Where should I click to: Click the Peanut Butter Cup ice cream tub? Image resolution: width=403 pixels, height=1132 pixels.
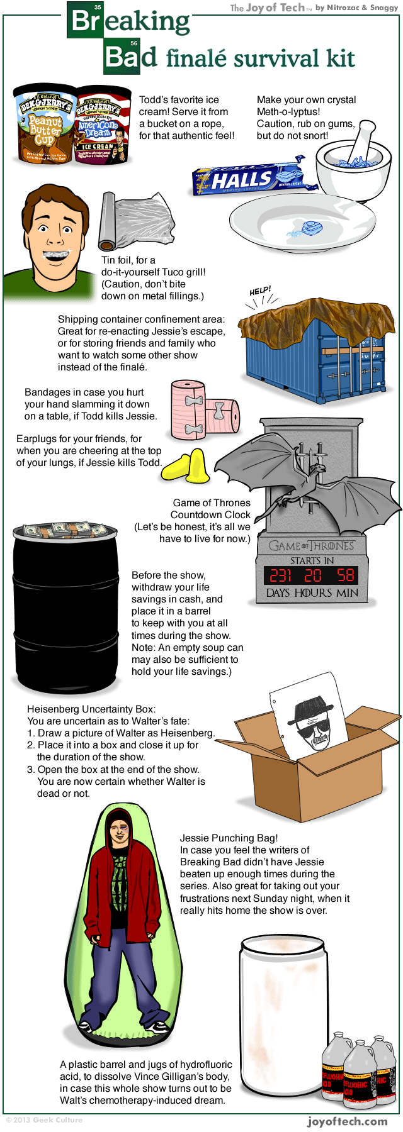click(x=44, y=126)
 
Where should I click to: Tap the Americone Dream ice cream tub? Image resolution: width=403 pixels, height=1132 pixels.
click(x=102, y=126)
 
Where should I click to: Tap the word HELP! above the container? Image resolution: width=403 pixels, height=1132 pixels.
click(x=260, y=291)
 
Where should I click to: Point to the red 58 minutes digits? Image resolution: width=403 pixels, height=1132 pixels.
click(x=345, y=575)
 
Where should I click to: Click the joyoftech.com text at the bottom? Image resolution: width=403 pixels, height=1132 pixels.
click(x=347, y=1121)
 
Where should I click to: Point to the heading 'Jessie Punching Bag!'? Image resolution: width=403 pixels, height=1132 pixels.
click(x=229, y=838)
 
